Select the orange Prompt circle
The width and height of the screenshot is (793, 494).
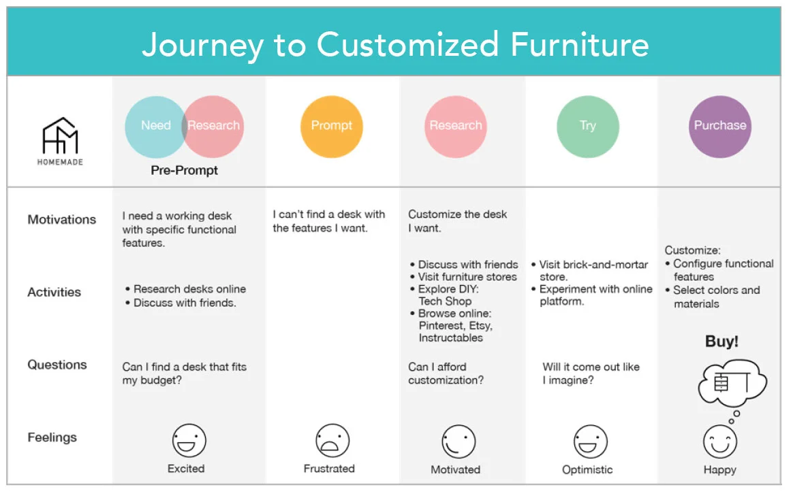coord(332,127)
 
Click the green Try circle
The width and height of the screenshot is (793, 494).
coord(588,127)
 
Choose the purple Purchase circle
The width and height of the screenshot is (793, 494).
coord(720,127)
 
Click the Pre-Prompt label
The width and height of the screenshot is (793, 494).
coord(185,171)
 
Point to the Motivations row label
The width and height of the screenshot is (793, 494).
coord(62,220)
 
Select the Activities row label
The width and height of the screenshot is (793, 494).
coord(55,293)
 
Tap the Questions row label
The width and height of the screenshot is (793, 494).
coord(57,365)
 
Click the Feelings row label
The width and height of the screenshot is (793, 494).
coord(52,438)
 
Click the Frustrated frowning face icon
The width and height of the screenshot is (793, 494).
coord(332,441)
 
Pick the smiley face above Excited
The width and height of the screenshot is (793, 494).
coord(189,440)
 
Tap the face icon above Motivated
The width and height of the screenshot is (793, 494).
coord(458,442)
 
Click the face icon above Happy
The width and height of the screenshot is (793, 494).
coord(720,442)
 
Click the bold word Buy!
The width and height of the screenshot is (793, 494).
coord(721,341)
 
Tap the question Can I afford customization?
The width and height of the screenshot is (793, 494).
coord(446,374)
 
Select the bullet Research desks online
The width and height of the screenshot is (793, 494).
coord(189,289)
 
